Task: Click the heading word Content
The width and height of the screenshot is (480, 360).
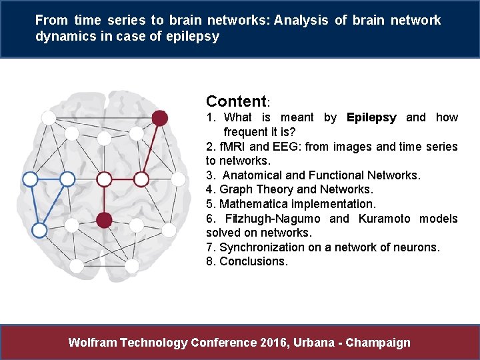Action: [236, 102]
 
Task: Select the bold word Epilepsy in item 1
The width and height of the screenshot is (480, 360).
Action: [371, 118]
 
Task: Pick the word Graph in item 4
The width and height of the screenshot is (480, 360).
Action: [236, 189]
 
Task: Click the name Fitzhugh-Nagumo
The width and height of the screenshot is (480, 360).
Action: [273, 219]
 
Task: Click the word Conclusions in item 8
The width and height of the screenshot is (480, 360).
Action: [253, 261]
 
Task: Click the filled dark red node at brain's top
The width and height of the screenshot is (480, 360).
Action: [159, 118]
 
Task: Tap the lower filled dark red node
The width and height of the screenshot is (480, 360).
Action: [104, 219]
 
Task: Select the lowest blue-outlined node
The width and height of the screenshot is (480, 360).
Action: [39, 230]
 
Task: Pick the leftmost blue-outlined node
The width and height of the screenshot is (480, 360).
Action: [30, 179]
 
